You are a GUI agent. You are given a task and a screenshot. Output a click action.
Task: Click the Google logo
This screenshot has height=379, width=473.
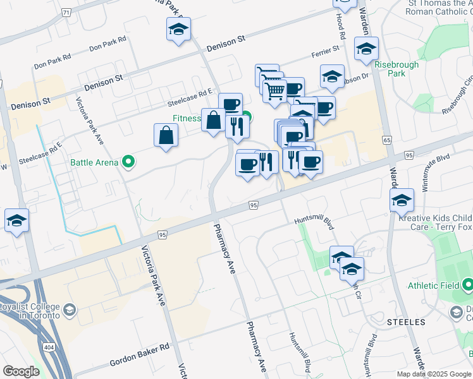pyautogui.click(x=21, y=371)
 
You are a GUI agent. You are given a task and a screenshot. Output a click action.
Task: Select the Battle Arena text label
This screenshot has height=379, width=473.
pyautogui.click(x=94, y=163)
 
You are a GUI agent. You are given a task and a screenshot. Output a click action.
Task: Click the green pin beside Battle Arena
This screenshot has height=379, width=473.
pyautogui.click(x=129, y=163)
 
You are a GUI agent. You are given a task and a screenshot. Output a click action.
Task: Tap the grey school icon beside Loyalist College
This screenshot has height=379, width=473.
pyautogui.click(x=70, y=310)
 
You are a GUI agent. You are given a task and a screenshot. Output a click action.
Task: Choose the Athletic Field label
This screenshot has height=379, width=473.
pyautogui.click(x=433, y=286)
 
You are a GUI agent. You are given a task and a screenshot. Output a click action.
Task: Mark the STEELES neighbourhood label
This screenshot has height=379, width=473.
pyautogui.click(x=403, y=322)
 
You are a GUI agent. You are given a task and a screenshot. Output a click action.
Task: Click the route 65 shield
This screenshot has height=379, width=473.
pyautogui.click(x=386, y=140)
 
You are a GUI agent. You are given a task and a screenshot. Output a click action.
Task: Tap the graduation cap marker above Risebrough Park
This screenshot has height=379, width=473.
pyautogui.click(x=366, y=48)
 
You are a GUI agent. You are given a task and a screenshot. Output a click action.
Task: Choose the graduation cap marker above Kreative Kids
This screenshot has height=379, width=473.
pyautogui.click(x=402, y=200)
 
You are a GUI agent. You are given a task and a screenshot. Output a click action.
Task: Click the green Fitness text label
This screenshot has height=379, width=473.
pyautogui.click(x=187, y=118)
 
